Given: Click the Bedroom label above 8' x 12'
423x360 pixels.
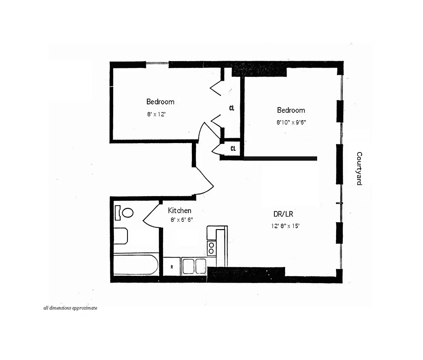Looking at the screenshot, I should coord(160,102).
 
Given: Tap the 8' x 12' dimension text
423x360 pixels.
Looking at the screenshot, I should coord(157,114).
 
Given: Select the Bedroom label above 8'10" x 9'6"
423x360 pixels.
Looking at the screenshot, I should coord(291,110).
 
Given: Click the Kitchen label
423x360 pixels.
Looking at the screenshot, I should coord(179,211).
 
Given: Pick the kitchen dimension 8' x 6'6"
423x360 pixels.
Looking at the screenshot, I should coord(182,220).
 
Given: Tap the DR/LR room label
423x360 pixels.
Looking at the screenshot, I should coord(283,214).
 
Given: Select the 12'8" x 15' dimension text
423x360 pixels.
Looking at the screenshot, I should coord(285,226).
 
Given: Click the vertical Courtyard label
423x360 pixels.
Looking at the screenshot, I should coord(359,169).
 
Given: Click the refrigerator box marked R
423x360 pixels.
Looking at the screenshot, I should coord(172,266).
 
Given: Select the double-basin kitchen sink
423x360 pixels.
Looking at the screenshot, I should coord(194,265).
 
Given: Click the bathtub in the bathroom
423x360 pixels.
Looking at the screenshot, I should coord(135,265).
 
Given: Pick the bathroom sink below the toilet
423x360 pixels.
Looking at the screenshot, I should coord(120,235).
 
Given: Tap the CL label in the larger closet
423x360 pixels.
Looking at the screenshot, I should coord(232,108).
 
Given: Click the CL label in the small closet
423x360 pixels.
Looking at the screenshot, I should coord(233,148).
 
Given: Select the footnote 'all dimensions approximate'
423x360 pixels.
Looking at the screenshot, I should coord(70,308).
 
